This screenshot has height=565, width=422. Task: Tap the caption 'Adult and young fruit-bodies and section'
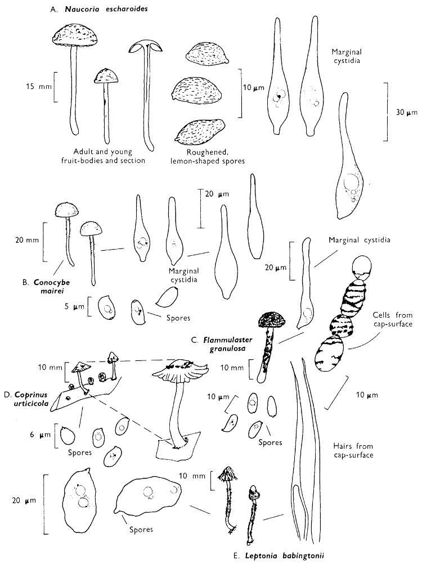tap(109, 156)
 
